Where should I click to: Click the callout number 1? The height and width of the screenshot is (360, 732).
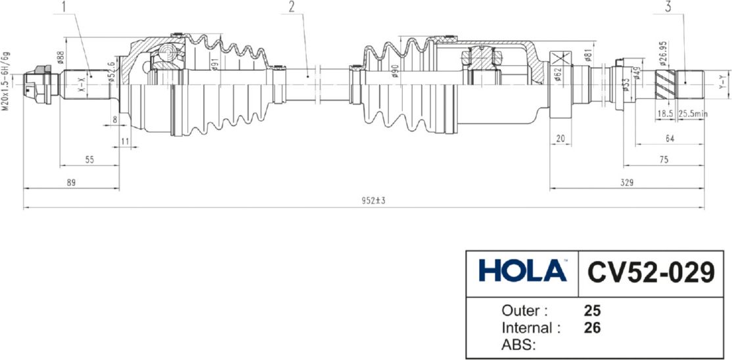(64, 8)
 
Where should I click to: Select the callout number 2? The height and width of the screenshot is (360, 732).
(291, 8)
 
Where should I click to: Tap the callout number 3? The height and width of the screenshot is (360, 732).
(668, 8)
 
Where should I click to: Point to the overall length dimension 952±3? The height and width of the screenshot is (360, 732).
(373, 200)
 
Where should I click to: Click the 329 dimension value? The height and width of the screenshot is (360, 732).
(626, 183)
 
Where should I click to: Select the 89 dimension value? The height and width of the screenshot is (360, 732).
(71, 183)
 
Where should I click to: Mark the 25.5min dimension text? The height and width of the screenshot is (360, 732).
(693, 114)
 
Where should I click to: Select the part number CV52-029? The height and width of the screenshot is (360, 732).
(650, 271)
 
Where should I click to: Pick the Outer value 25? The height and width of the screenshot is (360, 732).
(592, 310)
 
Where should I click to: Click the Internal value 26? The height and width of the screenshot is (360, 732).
(592, 326)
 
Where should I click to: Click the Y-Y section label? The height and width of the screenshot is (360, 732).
(721, 83)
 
